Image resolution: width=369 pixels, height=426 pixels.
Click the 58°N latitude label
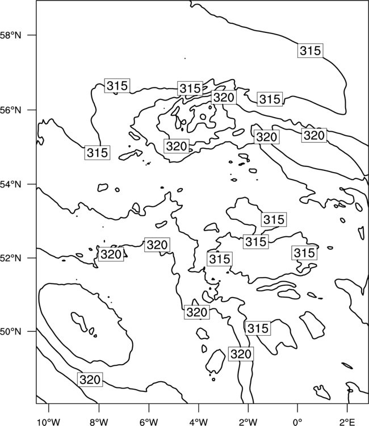pyautogui.click(x=11, y=35)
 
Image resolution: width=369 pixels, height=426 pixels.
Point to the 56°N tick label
pyautogui.click(x=11, y=110)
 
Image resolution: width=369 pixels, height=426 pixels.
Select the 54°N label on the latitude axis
pyautogui.click(x=11, y=185)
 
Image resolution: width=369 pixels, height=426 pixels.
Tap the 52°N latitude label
pyautogui.click(x=11, y=258)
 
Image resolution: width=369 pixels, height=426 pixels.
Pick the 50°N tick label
pyautogui.click(x=11, y=332)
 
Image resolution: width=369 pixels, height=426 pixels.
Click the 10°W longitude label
pyautogui.click(x=49, y=422)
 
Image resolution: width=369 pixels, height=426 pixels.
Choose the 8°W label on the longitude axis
pyautogui.click(x=99, y=422)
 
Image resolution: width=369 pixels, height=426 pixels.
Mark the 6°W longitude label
pyautogui.click(x=149, y=422)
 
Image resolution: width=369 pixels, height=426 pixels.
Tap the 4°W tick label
pyautogui.click(x=199, y=422)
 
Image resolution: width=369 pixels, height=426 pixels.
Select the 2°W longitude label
pyautogui.click(x=248, y=422)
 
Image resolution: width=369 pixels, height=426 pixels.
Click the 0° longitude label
pyautogui.click(x=297, y=422)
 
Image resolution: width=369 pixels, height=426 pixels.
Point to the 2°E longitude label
pyautogui.click(x=347, y=422)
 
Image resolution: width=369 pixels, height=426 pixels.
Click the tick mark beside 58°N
pyautogui.click(x=32, y=35)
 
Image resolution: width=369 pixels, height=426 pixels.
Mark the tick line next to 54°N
pyautogui.click(x=32, y=184)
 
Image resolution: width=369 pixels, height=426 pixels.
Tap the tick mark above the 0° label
pyautogui.click(x=297, y=408)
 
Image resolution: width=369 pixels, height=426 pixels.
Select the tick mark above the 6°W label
pyautogui.click(x=149, y=408)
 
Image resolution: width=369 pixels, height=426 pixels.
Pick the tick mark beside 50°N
pyautogui.click(x=32, y=332)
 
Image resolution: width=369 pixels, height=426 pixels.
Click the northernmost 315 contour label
pyautogui.click(x=311, y=51)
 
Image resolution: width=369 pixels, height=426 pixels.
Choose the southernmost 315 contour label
pyautogui.click(x=258, y=328)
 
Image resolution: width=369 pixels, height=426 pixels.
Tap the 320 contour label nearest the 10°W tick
pyautogui.click(x=90, y=379)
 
